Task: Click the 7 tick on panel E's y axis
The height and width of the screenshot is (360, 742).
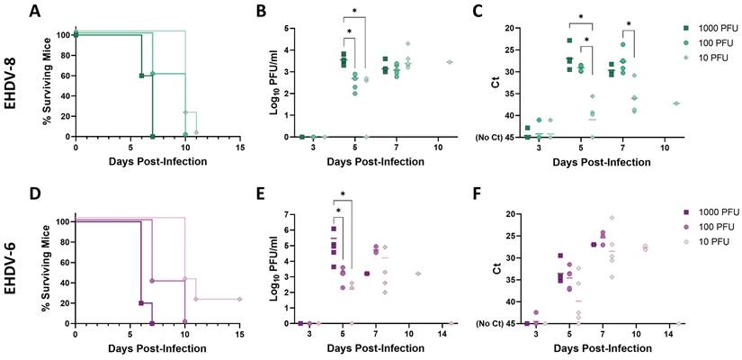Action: pyautogui.click(x=287, y=215)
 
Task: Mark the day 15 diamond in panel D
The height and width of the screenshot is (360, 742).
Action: pyautogui.click(x=239, y=299)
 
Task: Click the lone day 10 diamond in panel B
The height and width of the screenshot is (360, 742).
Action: pyautogui.click(x=449, y=62)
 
